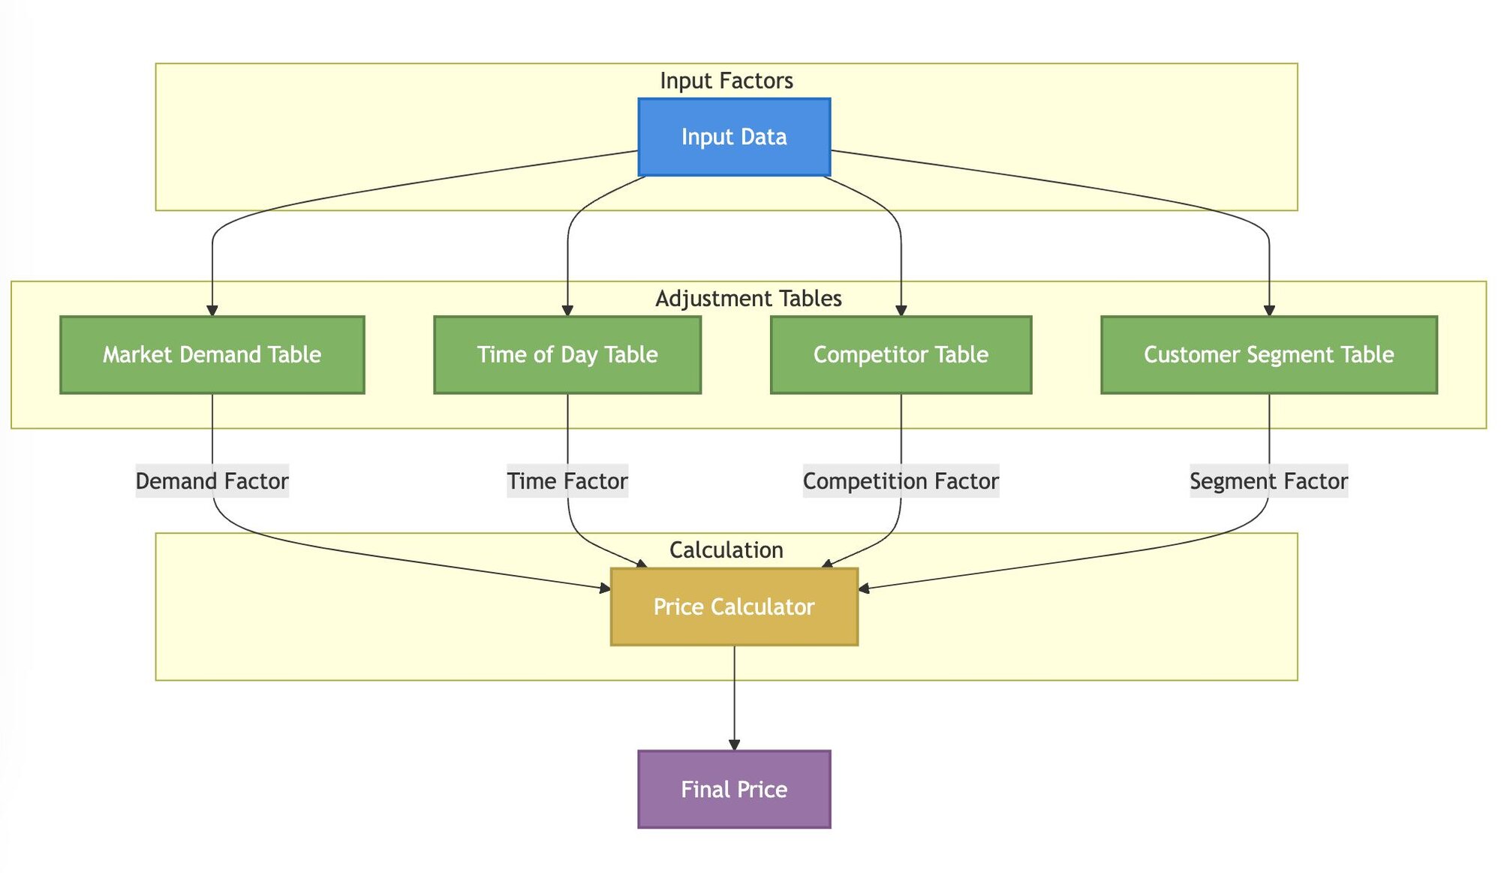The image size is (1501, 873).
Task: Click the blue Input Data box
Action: pos(733,137)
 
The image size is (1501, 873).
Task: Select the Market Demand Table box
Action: pos(212,354)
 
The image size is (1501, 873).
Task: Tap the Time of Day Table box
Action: pos(567,354)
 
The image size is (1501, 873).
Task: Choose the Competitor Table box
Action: pos(900,354)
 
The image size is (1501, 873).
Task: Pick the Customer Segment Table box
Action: pos(1268,354)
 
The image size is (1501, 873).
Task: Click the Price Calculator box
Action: pos(733,607)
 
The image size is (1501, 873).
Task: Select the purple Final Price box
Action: pos(733,789)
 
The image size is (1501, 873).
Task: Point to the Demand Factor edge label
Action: pos(212,480)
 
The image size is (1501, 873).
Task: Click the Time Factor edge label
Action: pos(567,480)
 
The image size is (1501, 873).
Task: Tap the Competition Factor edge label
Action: pos(900,480)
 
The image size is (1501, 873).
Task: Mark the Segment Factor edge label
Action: pos(1268,480)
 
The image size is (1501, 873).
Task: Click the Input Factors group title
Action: pos(726,80)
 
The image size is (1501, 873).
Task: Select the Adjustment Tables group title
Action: pos(748,298)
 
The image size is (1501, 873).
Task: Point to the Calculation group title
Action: pos(726,549)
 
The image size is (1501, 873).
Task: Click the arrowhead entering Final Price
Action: pos(734,744)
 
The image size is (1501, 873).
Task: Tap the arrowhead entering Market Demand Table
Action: pos(212,310)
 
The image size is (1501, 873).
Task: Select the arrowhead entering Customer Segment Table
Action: pos(1269,310)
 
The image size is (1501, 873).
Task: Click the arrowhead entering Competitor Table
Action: pos(901,310)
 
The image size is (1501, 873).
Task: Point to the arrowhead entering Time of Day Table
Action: pos(567,310)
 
